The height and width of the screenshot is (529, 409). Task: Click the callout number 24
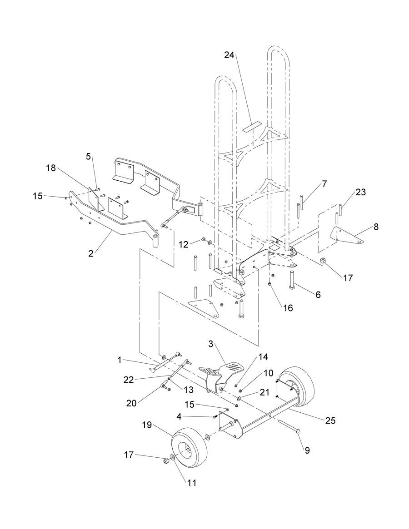click(229, 55)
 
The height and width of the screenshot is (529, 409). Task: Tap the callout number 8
click(376, 227)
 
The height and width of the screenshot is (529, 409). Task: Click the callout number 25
click(331, 420)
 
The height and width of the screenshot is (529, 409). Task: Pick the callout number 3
click(211, 344)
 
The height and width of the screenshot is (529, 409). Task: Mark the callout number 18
click(51, 168)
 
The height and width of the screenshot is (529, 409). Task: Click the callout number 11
click(191, 483)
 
